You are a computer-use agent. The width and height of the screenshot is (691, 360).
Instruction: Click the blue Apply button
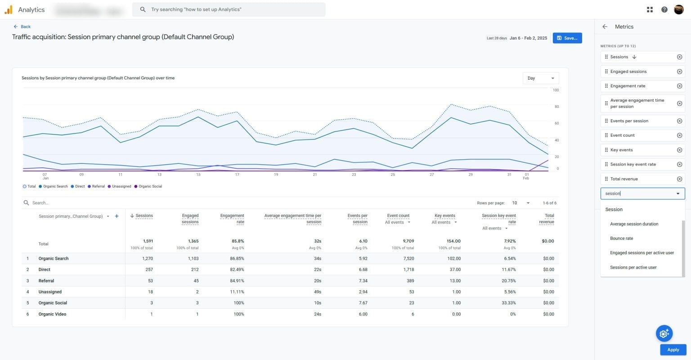pyautogui.click(x=673, y=350)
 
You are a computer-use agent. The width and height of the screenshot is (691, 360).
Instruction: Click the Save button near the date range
pyautogui.click(x=567, y=38)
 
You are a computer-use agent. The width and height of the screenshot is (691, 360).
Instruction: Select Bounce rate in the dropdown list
pyautogui.click(x=621, y=238)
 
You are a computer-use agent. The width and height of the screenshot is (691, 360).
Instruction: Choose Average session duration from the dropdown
pyautogui.click(x=634, y=224)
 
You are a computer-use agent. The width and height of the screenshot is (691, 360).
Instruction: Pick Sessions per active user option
pyautogui.click(x=633, y=267)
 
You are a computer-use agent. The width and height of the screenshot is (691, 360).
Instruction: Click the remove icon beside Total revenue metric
pyautogui.click(x=679, y=179)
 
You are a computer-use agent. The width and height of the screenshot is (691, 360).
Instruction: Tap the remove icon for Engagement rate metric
pyautogui.click(x=679, y=86)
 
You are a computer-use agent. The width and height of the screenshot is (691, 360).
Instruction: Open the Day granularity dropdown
pyautogui.click(x=540, y=78)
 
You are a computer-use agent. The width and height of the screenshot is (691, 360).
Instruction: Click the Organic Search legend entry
pyautogui.click(x=55, y=186)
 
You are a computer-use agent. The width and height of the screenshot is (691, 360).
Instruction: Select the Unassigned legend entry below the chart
pyautogui.click(x=121, y=186)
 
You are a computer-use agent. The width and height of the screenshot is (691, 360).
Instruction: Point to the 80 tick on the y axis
pyautogui.click(x=556, y=107)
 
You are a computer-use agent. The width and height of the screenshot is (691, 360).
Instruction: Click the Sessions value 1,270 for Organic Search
pyautogui.click(x=147, y=259)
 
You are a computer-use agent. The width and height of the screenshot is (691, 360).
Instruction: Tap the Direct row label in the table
pyautogui.click(x=45, y=270)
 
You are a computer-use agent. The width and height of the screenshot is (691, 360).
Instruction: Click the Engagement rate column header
pyautogui.click(x=232, y=219)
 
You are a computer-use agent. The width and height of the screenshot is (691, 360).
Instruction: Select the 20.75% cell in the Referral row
pyautogui.click(x=508, y=281)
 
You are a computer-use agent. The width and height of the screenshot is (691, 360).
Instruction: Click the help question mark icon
pyautogui.click(x=664, y=9)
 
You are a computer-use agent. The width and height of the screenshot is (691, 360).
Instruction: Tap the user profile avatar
pyautogui.click(x=679, y=9)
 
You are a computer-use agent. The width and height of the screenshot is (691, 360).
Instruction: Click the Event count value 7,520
pyautogui.click(x=408, y=259)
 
